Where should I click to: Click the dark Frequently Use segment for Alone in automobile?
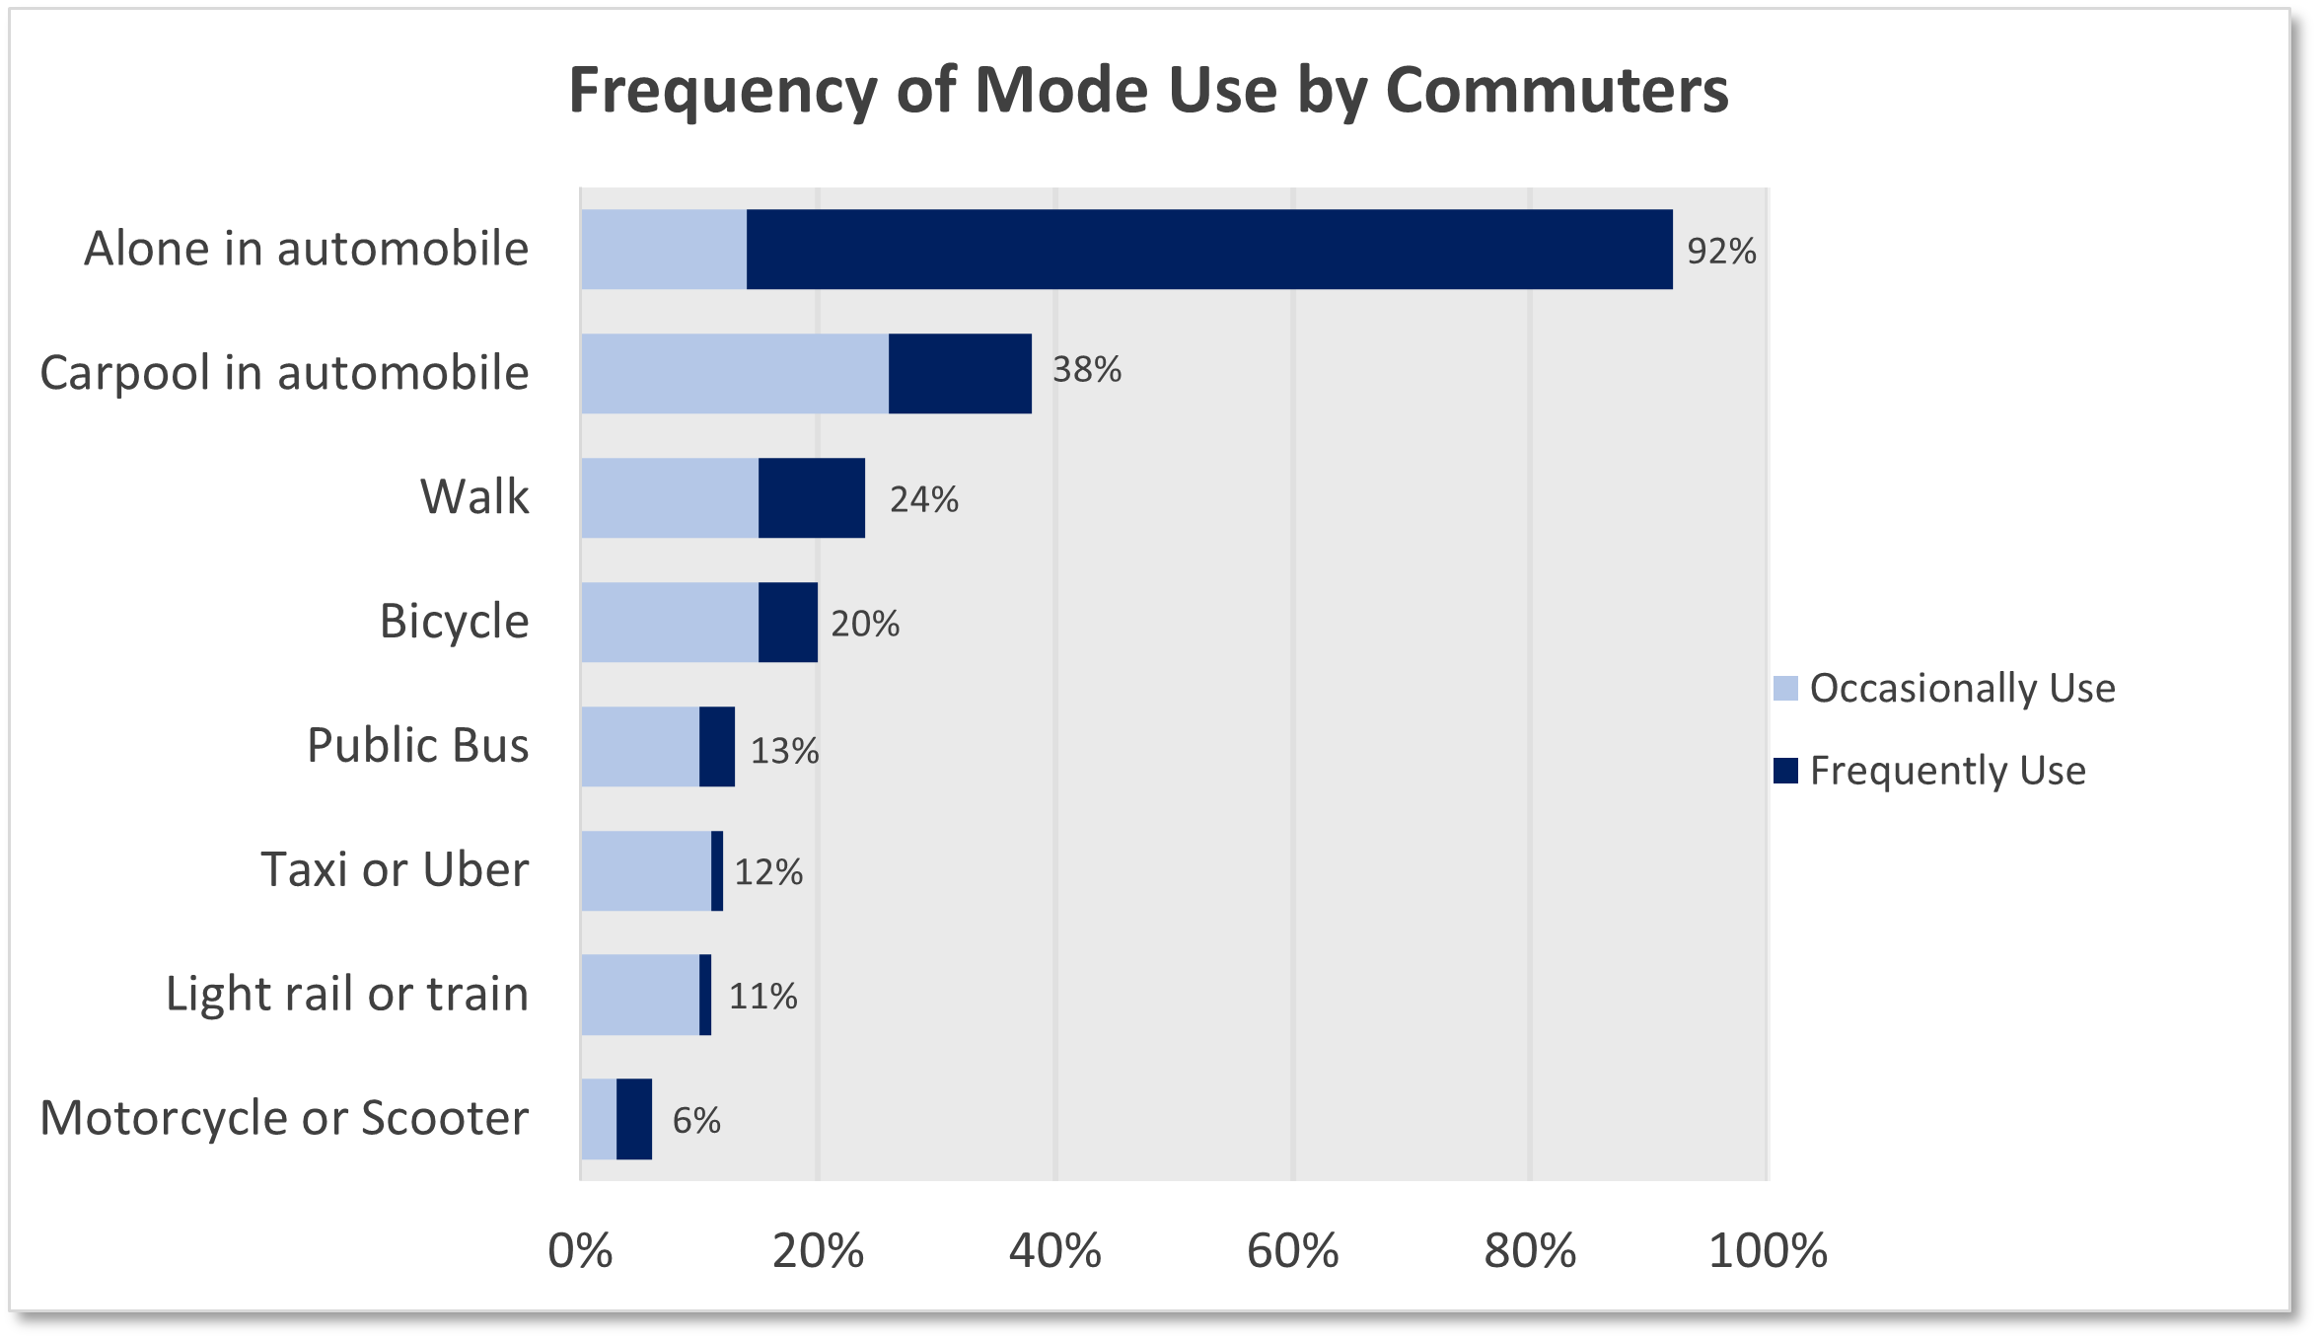(x=1208, y=249)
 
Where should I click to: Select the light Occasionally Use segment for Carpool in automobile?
(x=734, y=373)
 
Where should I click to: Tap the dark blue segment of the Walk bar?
(x=811, y=497)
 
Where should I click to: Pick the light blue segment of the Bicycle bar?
(x=669, y=622)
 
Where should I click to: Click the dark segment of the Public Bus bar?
(x=717, y=746)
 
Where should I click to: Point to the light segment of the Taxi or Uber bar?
(x=645, y=870)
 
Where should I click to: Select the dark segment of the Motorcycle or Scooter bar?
(x=634, y=1119)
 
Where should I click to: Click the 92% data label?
(x=1721, y=251)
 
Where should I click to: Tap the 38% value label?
(x=1086, y=369)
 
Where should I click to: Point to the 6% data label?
(x=696, y=1120)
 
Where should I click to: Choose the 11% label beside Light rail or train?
(x=762, y=996)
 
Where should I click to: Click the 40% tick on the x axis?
(x=1054, y=1251)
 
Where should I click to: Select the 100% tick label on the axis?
(x=1767, y=1251)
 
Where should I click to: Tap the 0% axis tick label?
(x=580, y=1251)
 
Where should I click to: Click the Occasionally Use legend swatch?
(x=1785, y=688)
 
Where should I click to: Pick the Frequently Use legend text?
(x=1947, y=770)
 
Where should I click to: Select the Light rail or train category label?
(x=346, y=994)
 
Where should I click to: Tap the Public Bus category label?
(x=417, y=745)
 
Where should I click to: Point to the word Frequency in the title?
(x=723, y=90)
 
